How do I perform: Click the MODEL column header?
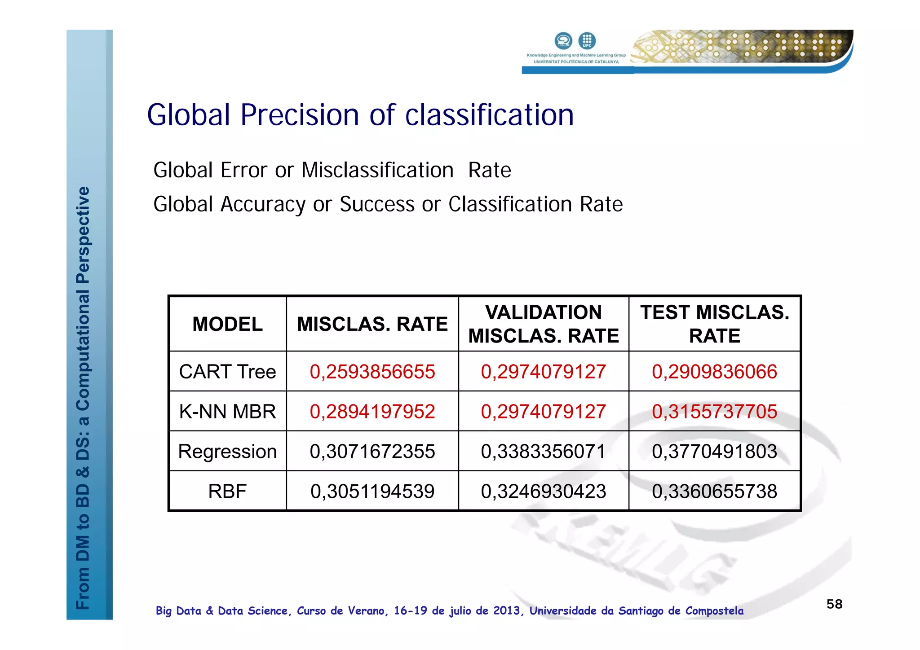click(227, 324)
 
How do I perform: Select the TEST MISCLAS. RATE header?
click(714, 324)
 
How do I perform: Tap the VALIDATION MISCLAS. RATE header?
click(544, 324)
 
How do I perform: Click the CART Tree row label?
click(227, 372)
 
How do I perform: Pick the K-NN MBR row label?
click(227, 411)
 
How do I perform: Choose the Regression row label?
click(227, 451)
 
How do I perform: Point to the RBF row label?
click(227, 491)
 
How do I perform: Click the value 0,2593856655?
click(372, 372)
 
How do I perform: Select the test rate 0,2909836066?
click(714, 372)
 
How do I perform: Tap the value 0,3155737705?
click(714, 411)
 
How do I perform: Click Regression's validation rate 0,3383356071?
click(544, 451)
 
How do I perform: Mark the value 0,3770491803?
click(714, 451)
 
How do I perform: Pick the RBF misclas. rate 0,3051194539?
click(372, 491)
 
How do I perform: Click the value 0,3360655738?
click(714, 491)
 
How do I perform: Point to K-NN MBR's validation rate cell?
click(544, 411)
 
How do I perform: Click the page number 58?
click(834, 604)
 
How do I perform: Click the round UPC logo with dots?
click(587, 41)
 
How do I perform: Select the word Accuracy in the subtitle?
click(263, 205)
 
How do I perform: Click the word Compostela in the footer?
click(714, 611)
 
